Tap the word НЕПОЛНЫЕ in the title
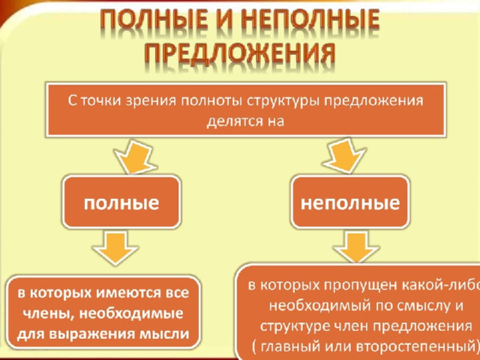click(x=313, y=22)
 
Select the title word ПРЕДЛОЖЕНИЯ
click(x=240, y=55)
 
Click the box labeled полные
click(x=121, y=202)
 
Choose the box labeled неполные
click(x=350, y=202)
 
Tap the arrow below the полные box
click(x=115, y=247)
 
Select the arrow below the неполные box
click(x=356, y=246)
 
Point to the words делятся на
click(x=245, y=121)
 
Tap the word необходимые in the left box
click(x=133, y=313)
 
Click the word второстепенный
click(x=415, y=346)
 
